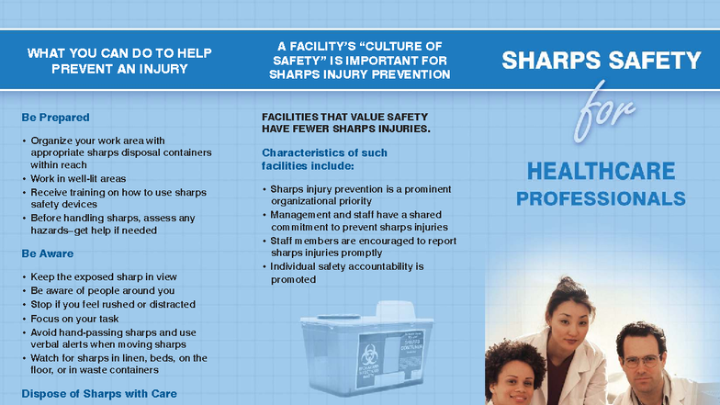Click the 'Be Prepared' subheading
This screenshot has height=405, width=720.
point(55,118)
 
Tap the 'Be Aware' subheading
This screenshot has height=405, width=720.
point(47,253)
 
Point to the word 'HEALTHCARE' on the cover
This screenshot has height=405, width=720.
point(601,171)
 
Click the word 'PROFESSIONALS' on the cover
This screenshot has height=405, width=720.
point(601,198)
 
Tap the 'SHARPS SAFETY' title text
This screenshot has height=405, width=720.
point(601,62)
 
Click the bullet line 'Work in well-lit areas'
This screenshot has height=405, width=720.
point(78,178)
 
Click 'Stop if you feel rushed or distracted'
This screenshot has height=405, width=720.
point(109,303)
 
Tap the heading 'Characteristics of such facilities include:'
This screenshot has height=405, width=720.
point(324,159)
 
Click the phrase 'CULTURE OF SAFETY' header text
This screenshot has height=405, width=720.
point(359,52)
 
